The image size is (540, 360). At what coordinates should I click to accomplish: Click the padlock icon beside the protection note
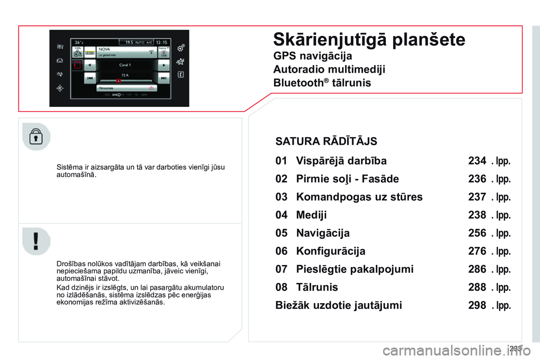pyautogui.click(x=36, y=137)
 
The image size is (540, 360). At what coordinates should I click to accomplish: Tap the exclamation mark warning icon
pyautogui.click(x=36, y=241)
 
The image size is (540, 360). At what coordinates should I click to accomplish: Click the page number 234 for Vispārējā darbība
pyautogui.click(x=476, y=161)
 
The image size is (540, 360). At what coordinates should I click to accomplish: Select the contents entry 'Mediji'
pyautogui.click(x=311, y=215)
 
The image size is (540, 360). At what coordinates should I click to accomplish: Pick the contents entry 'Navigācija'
pyautogui.click(x=322, y=233)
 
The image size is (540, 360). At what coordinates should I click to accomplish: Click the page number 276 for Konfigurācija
pyautogui.click(x=476, y=251)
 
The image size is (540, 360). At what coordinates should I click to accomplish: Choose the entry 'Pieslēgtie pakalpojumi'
pyautogui.click(x=354, y=269)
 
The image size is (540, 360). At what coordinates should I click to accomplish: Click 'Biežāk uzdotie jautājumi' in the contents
pyautogui.click(x=339, y=305)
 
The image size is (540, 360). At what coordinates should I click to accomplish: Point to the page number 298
pyautogui.click(x=476, y=305)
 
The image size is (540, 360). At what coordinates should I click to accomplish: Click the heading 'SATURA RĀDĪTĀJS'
pyautogui.click(x=326, y=141)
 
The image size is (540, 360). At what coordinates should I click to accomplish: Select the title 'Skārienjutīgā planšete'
pyautogui.click(x=369, y=39)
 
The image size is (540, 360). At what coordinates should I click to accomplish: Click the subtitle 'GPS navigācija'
pyautogui.click(x=312, y=56)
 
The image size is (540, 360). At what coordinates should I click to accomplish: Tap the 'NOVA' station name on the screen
pyautogui.click(x=105, y=49)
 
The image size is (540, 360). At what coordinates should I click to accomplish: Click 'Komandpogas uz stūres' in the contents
pyautogui.click(x=359, y=197)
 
